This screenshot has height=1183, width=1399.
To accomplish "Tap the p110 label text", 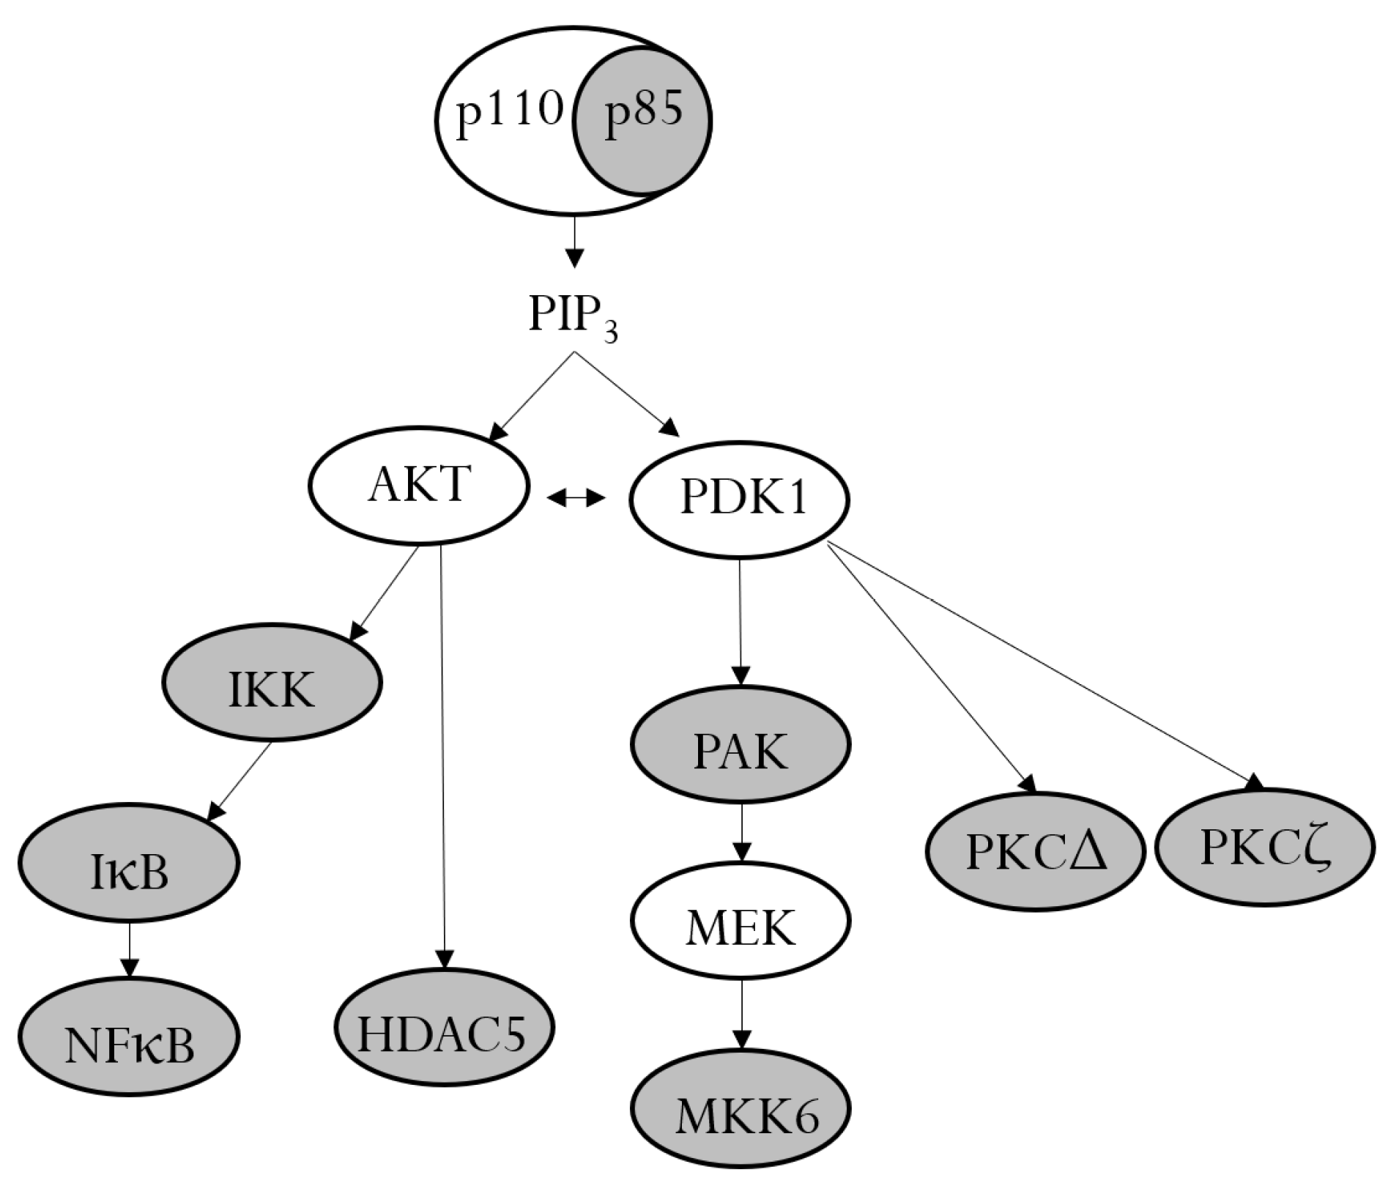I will pyautogui.click(x=509, y=114).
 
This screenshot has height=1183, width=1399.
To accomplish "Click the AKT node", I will pyautogui.click(x=418, y=485).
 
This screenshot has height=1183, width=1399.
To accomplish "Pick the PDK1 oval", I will pyautogui.click(x=740, y=499).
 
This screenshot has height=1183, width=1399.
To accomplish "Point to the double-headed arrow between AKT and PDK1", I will pyautogui.click(x=576, y=499).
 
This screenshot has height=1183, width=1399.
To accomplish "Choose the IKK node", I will pyautogui.click(x=272, y=683).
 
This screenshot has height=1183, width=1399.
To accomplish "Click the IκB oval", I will pyautogui.click(x=129, y=863).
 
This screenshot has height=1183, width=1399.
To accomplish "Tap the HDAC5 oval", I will pyautogui.click(x=444, y=1028).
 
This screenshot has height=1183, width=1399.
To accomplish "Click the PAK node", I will pyautogui.click(x=740, y=744).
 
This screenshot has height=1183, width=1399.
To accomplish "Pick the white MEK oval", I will pyautogui.click(x=741, y=921).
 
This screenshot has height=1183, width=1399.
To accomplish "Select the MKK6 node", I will pyautogui.click(x=741, y=1108).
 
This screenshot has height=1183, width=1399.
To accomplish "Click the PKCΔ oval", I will pyautogui.click(x=1035, y=851).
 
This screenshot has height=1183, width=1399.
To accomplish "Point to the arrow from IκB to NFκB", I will pyautogui.click(x=130, y=949).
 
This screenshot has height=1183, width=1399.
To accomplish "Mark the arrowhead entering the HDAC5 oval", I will pyautogui.click(x=444, y=959).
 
